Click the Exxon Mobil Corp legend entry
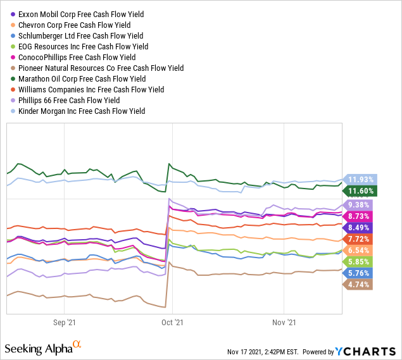tap(80, 15)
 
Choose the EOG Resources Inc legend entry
tap(82, 47)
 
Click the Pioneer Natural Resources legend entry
tap(100, 68)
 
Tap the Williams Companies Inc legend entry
tap(89, 90)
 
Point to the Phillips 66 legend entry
tap(68, 101)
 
